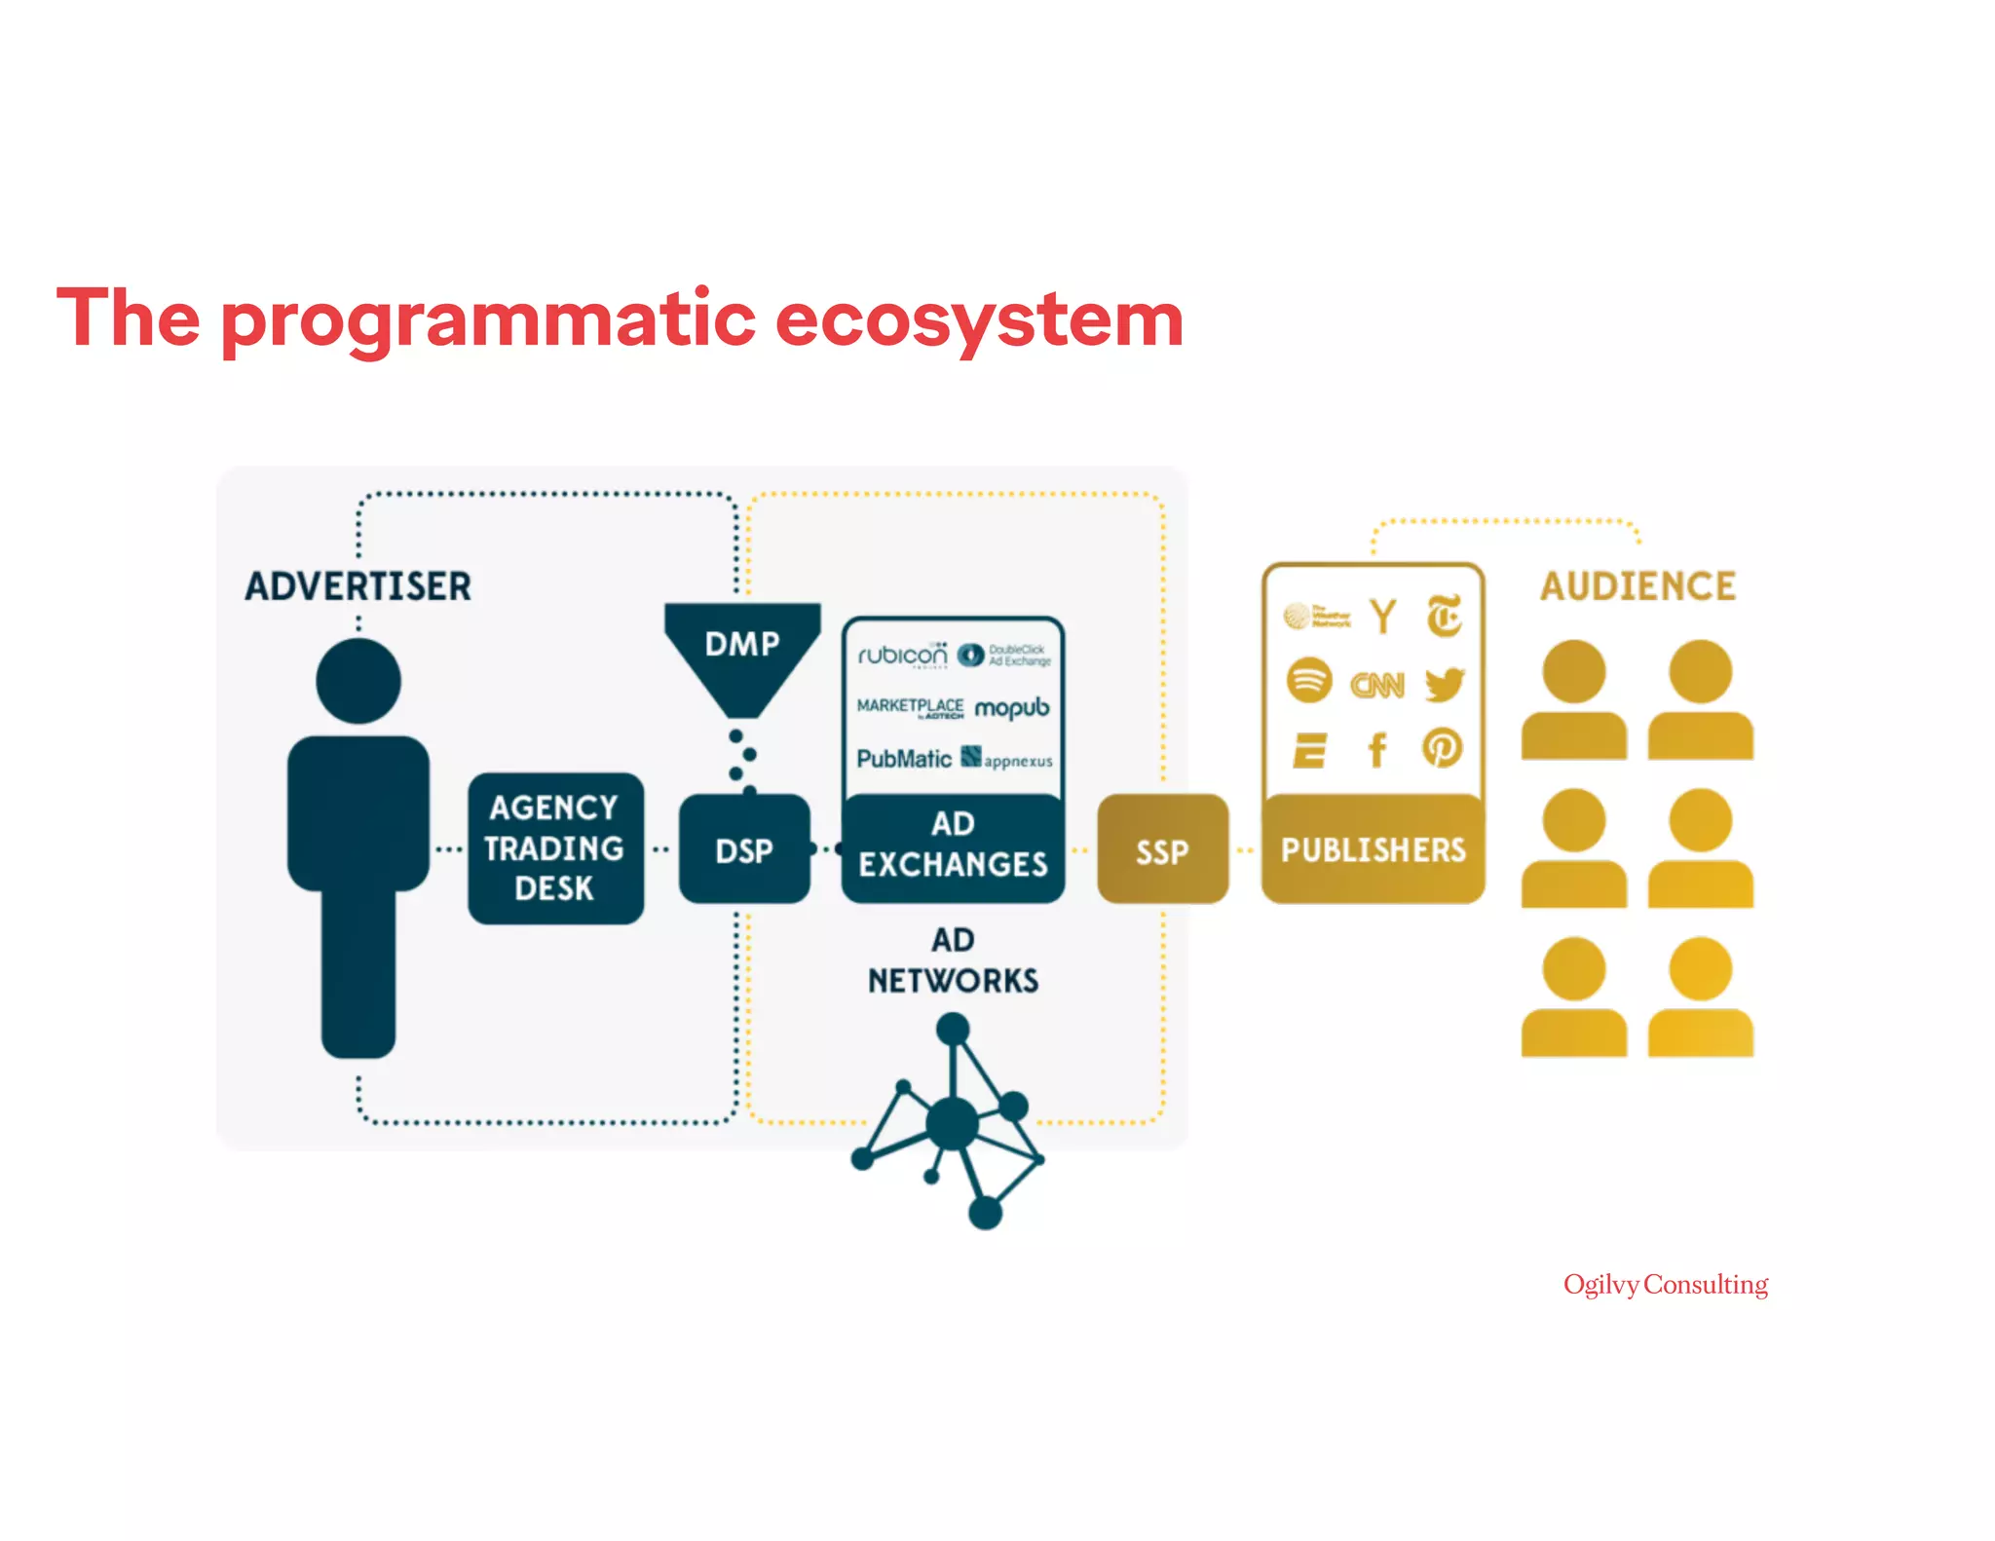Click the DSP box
(744, 849)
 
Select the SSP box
(1162, 849)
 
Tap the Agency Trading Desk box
(555, 847)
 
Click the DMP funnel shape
(742, 653)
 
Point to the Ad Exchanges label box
(953, 846)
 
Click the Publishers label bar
(1373, 849)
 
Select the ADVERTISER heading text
(358, 586)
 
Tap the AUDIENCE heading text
(1637, 586)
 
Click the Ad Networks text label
(953, 960)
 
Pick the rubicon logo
(902, 656)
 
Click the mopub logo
(1012, 707)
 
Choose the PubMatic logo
(904, 759)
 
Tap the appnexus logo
(1007, 759)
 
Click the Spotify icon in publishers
(1308, 680)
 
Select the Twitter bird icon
(1444, 684)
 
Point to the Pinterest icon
(1443, 748)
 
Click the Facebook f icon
(1376, 750)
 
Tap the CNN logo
(1376, 686)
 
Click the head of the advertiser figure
(358, 681)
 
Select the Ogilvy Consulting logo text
(1666, 1285)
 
